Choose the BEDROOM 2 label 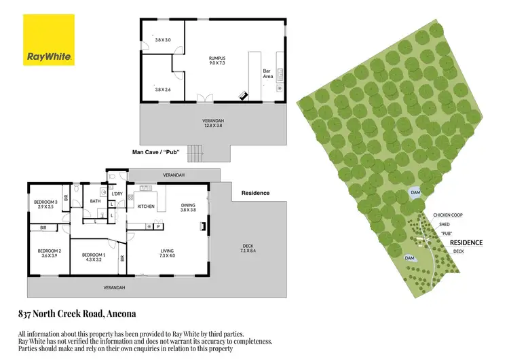(50, 251)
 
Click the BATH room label (95, 201)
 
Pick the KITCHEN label (147, 206)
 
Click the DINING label (188, 204)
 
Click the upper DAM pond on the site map (416, 193)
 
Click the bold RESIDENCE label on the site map (466, 242)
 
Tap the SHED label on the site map (444, 224)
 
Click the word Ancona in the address (121, 314)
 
